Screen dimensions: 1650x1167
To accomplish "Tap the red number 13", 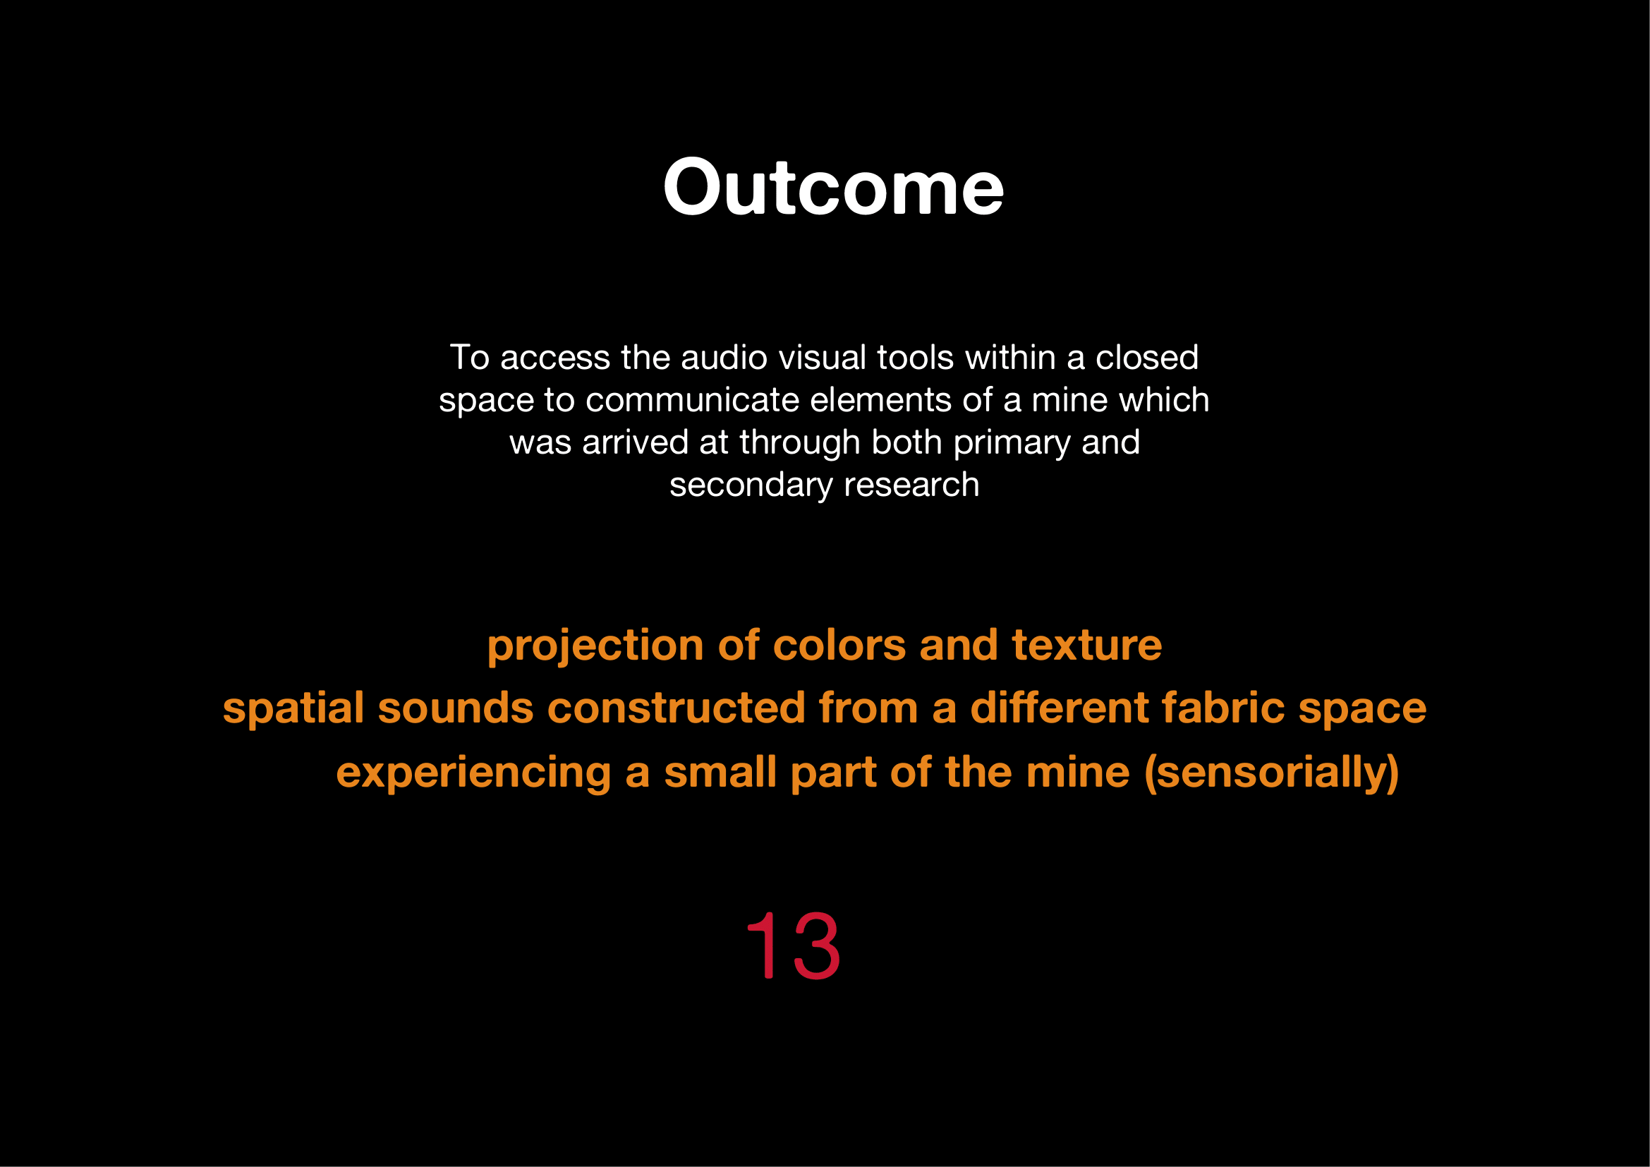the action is click(x=794, y=945).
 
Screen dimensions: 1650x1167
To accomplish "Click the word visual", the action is click(x=821, y=357).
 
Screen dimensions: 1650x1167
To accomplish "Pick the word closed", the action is click(x=1147, y=357).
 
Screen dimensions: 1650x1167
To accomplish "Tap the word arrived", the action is click(x=636, y=442).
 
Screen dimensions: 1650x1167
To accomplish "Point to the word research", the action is click(x=911, y=485).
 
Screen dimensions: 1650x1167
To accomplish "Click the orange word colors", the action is click(x=839, y=645).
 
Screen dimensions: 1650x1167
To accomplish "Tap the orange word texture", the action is click(x=1086, y=645).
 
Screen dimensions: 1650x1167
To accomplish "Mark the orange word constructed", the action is click(x=677, y=708).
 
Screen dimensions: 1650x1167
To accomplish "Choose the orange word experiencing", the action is click(x=473, y=774).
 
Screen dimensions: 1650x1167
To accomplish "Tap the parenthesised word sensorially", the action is click(x=1271, y=774).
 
